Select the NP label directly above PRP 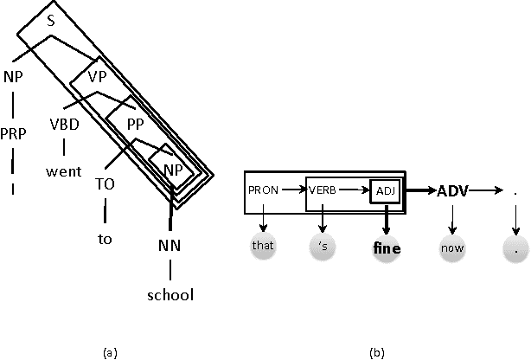tap(13, 76)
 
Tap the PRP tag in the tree tap(13, 134)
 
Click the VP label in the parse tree tap(98, 76)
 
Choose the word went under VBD tap(63, 170)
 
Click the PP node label tap(135, 124)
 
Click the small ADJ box tap(382, 190)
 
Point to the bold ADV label tap(453, 190)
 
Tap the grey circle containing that tap(263, 246)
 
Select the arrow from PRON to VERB tap(292, 190)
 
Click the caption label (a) tap(110, 352)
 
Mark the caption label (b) tap(378, 352)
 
